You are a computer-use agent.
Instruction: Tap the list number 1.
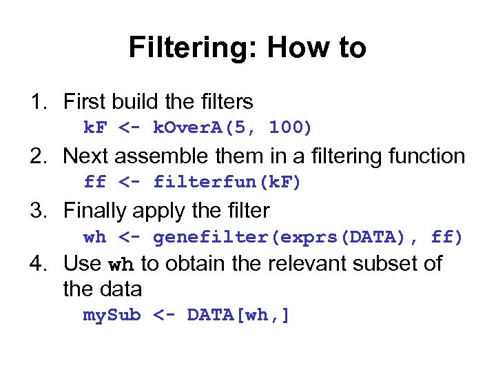(x=36, y=102)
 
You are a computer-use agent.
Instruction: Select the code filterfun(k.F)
(x=227, y=182)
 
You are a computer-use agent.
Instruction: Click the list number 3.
(x=36, y=210)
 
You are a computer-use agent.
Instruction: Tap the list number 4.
(x=36, y=264)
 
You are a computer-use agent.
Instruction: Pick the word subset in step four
(x=379, y=264)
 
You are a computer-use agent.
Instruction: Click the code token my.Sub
(x=112, y=316)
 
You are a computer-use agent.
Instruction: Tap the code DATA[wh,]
(x=238, y=316)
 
